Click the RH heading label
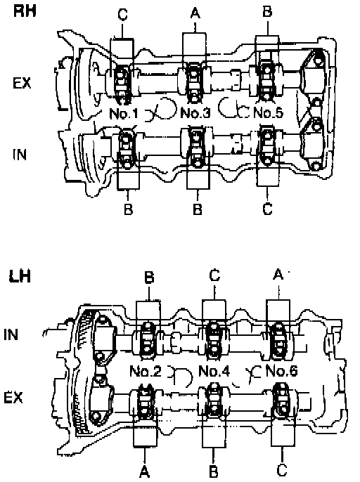(25, 11)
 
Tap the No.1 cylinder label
(124, 113)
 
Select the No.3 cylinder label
(195, 113)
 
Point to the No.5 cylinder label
(268, 113)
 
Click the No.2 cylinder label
(146, 371)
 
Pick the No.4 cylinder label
(214, 371)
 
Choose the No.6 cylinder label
(281, 371)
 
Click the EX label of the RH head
(22, 83)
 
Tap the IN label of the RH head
(20, 155)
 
